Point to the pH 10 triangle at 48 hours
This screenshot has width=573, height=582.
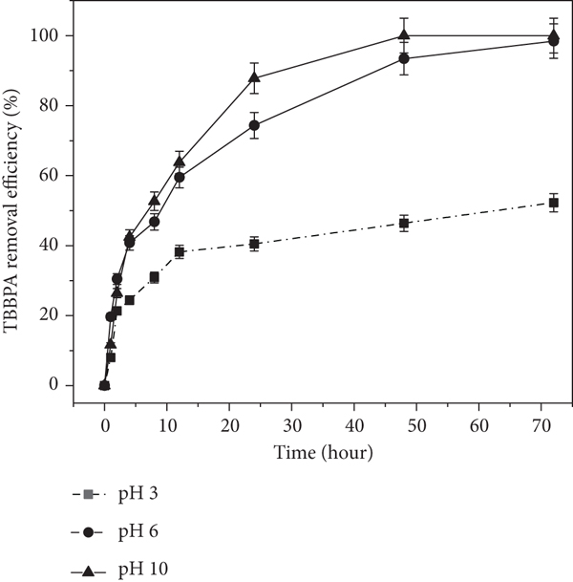tap(404, 35)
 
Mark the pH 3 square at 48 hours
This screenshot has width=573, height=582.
tap(404, 224)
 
